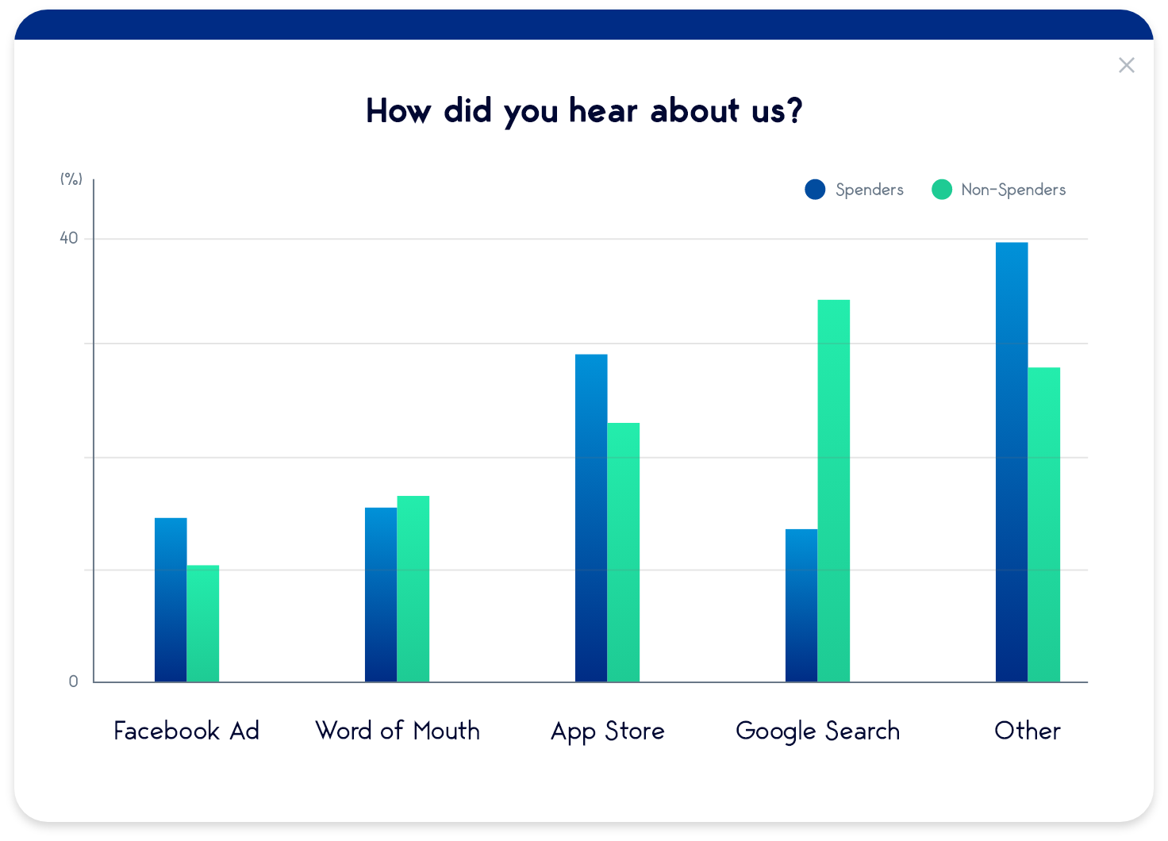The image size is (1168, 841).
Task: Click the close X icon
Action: [x=1126, y=65]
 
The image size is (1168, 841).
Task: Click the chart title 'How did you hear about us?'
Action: [x=584, y=111]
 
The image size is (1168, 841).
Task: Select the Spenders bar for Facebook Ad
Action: [x=171, y=600]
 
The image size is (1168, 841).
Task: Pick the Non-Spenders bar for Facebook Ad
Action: [x=203, y=624]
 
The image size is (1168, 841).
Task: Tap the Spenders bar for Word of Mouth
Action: [x=381, y=594]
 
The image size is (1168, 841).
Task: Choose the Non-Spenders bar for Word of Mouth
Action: [x=413, y=589]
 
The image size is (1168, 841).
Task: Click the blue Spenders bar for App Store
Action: [x=591, y=518]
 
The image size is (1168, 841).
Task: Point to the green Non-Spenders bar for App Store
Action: [x=624, y=552]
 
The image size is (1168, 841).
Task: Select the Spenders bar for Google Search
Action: [x=801, y=605]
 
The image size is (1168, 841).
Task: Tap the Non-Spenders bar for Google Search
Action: [x=834, y=490]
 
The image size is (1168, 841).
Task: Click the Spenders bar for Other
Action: [x=1012, y=462]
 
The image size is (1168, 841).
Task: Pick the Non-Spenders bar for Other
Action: [x=1044, y=524]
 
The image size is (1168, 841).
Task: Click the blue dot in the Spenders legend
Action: [x=815, y=190]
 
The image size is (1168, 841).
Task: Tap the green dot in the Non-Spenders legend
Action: [x=942, y=190]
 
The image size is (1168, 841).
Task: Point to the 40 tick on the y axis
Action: [x=69, y=238]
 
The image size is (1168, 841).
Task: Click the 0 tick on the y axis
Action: [x=74, y=682]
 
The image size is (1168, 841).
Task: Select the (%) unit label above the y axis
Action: [x=71, y=179]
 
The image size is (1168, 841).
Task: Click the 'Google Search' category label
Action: [x=818, y=731]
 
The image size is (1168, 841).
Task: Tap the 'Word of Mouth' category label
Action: [x=398, y=731]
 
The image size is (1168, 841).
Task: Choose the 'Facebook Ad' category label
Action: [x=186, y=731]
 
